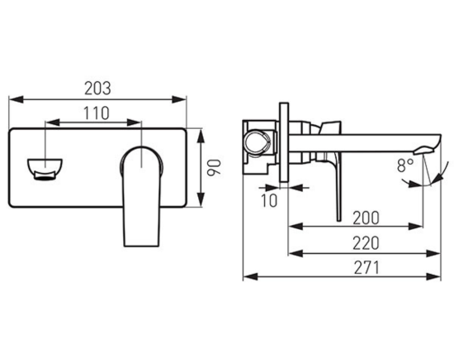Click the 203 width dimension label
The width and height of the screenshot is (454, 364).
(97, 89)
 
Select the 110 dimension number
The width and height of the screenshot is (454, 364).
(97, 113)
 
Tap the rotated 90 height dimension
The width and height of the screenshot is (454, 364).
(214, 167)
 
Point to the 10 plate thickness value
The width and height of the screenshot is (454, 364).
(269, 200)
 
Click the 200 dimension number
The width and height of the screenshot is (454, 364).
(366, 218)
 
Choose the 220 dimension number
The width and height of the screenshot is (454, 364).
(366, 243)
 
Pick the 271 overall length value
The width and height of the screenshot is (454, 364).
(367, 268)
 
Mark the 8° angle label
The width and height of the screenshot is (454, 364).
(405, 165)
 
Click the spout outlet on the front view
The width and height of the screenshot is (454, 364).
(45, 170)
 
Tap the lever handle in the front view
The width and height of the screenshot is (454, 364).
(142, 197)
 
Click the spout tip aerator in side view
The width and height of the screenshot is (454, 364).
(424, 150)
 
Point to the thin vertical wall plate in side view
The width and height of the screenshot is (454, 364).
(284, 142)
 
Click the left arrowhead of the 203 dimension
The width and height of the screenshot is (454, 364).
(16, 99)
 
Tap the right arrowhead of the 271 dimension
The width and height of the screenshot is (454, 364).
(433, 276)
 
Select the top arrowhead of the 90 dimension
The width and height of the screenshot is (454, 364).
(201, 136)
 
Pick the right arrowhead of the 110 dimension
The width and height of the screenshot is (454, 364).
(134, 122)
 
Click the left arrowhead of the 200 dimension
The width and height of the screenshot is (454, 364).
(296, 227)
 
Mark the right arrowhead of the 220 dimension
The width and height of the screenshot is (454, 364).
(433, 253)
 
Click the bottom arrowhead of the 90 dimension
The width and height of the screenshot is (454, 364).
(201, 199)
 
